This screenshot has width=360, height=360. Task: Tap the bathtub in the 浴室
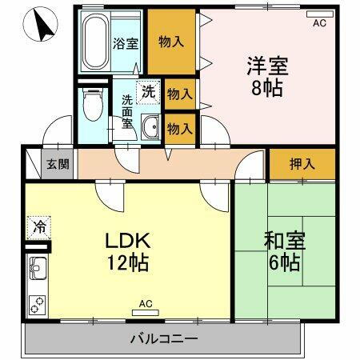click(x=95, y=44)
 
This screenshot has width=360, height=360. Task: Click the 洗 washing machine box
click(x=147, y=93)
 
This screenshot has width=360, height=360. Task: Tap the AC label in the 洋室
click(x=320, y=25)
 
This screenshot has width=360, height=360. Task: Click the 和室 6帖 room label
click(x=282, y=250)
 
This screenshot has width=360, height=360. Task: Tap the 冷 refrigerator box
click(x=38, y=226)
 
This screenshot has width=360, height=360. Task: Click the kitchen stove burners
click(x=38, y=303)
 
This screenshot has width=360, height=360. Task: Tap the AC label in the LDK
click(x=145, y=303)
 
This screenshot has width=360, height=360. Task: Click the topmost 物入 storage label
click(x=171, y=42)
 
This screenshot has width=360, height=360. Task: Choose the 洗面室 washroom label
click(x=127, y=114)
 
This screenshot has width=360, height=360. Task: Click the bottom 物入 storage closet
click(x=179, y=126)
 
